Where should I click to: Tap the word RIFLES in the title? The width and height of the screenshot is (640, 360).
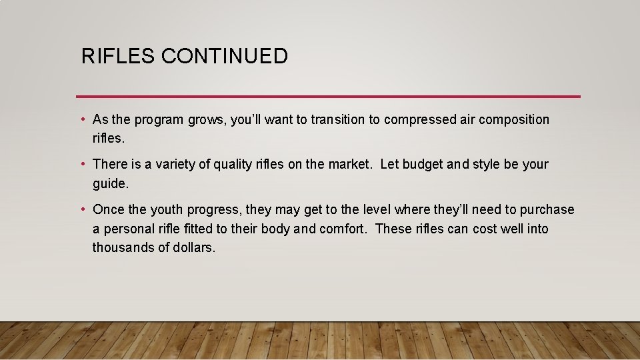tap(118, 56)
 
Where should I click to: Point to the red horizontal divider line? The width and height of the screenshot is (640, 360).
tap(328, 97)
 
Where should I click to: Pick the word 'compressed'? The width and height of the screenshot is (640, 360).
tap(418, 120)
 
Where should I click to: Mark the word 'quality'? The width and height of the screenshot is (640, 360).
tap(234, 164)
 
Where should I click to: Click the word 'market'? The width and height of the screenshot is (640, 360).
tap(351, 164)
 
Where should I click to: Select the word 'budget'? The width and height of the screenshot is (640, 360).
tap(425, 164)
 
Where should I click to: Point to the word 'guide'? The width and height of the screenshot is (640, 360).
tap(109, 183)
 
